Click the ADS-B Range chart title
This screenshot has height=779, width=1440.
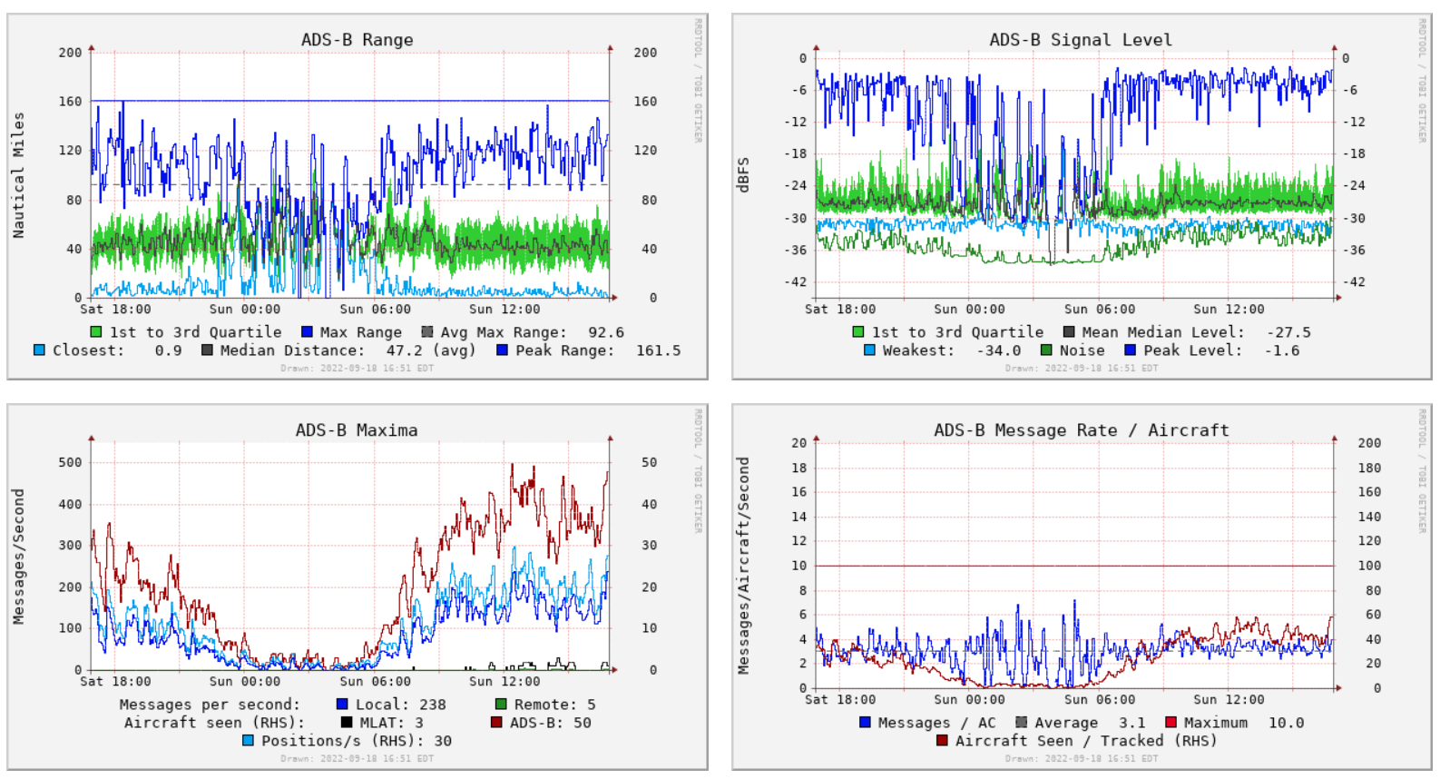click(357, 40)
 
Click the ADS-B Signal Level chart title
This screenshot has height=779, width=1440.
click(1080, 40)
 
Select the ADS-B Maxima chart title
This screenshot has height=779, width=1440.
click(357, 430)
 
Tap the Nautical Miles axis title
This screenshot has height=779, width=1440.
click(18, 175)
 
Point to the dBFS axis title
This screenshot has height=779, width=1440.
click(744, 175)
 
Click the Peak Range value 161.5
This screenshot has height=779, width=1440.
click(658, 350)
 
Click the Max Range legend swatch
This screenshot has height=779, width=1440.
click(307, 332)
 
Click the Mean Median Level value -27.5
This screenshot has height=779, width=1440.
click(1288, 332)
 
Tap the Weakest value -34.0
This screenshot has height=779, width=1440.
click(998, 350)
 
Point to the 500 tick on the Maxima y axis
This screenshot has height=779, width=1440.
click(70, 462)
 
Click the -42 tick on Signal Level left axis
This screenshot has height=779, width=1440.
click(795, 282)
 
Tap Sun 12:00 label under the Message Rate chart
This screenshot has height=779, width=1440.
click(1229, 700)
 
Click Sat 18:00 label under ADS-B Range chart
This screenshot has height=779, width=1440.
click(115, 310)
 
